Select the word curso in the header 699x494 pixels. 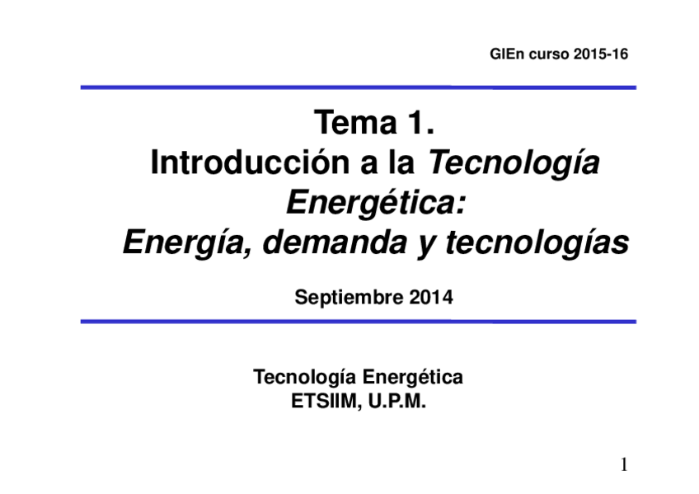(547, 56)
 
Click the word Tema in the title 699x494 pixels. (354, 125)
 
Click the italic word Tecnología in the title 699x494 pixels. (514, 165)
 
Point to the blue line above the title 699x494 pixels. (358, 87)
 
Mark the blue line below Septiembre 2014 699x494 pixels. (358, 321)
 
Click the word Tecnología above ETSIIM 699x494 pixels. (305, 378)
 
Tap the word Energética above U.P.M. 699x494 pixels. (413, 378)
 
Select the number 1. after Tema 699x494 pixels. (420, 125)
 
